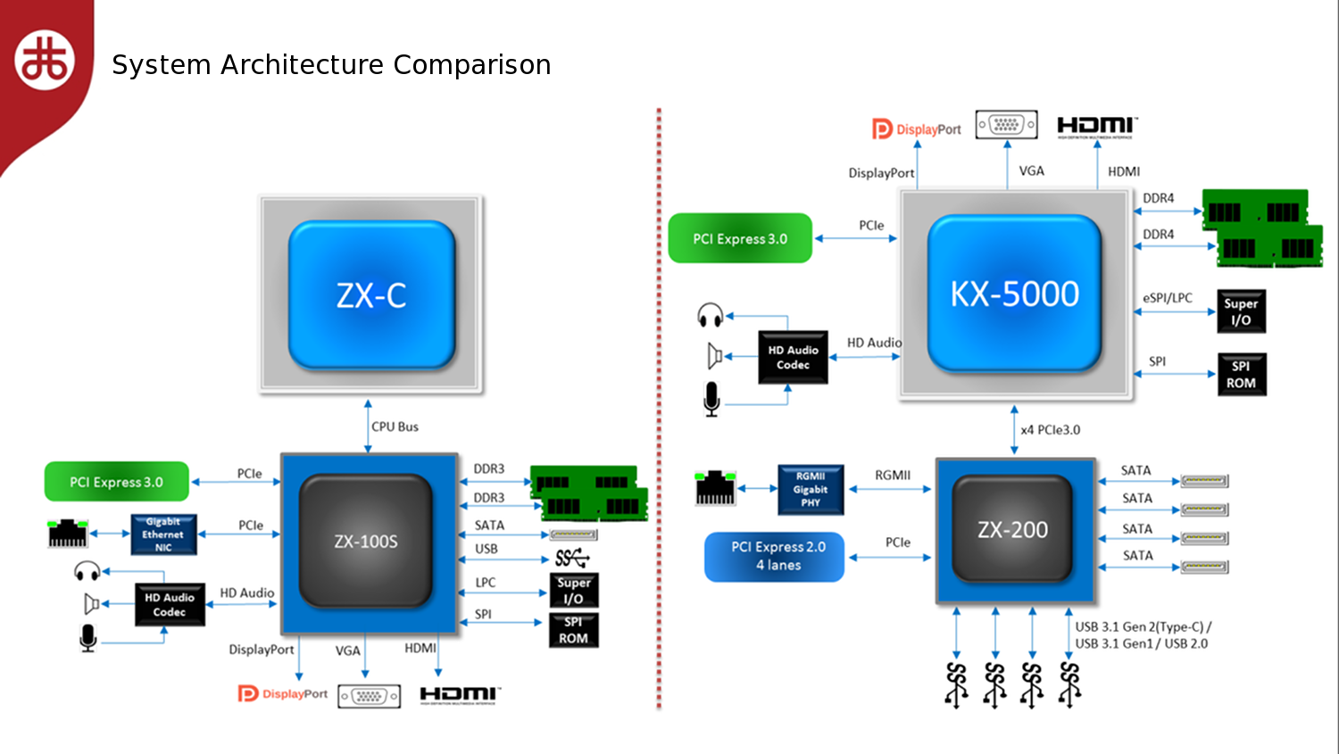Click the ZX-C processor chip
point(371,294)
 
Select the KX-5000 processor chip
point(1014,294)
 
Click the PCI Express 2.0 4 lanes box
point(775,556)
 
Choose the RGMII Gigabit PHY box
point(811,489)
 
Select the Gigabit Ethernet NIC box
point(163,534)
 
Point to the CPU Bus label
point(395,427)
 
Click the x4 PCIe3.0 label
point(1051,430)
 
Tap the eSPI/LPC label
point(1168,297)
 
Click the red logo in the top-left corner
point(45,60)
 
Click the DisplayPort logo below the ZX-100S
point(283,693)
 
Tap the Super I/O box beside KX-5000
point(1242,311)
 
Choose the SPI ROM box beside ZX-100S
point(574,630)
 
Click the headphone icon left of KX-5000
point(711,316)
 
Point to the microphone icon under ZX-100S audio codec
point(87,638)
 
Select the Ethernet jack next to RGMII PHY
point(716,488)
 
